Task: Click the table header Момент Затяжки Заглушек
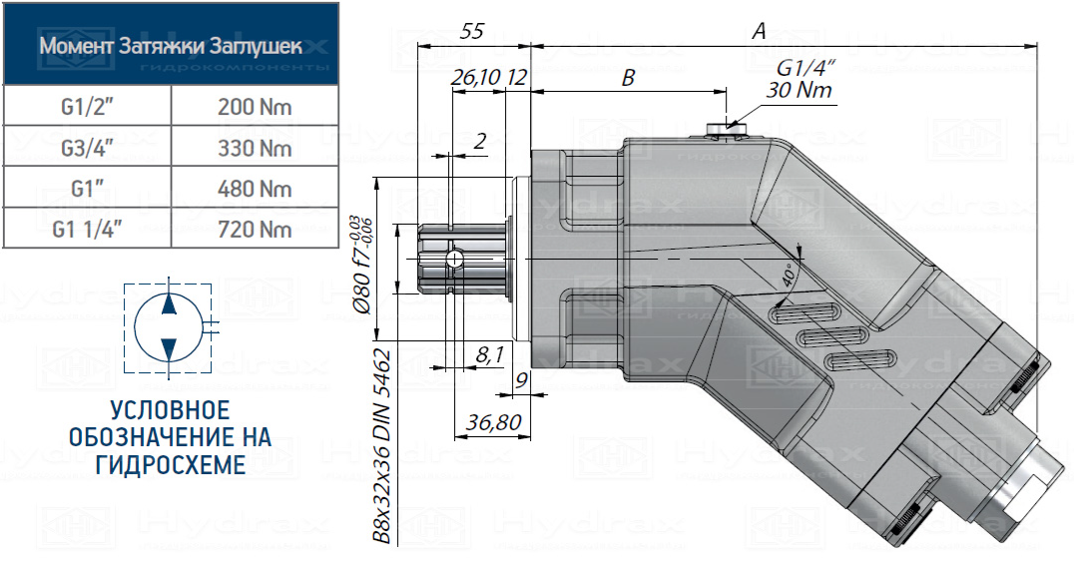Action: (x=170, y=46)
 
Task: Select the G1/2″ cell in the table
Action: (x=87, y=107)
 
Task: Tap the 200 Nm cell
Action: (x=255, y=107)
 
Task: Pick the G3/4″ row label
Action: (x=87, y=148)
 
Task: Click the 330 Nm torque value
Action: (x=255, y=148)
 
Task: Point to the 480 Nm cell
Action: (x=255, y=189)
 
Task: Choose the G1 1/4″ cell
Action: (x=87, y=230)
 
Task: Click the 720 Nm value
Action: (x=255, y=230)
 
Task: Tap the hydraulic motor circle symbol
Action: (x=168, y=324)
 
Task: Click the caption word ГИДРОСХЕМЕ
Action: (x=170, y=464)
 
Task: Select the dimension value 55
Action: (x=472, y=32)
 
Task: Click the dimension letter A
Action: (x=759, y=32)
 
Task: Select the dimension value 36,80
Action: (x=493, y=423)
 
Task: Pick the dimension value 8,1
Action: (x=489, y=353)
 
